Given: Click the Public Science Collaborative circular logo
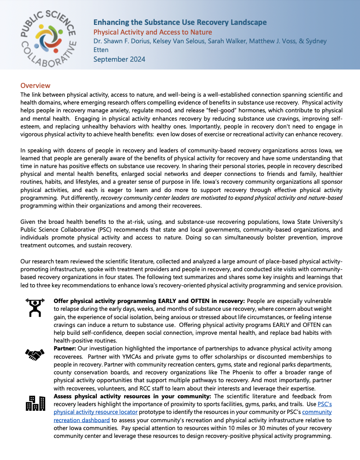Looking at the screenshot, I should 45,35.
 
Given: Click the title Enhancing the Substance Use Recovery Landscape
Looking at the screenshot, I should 180,22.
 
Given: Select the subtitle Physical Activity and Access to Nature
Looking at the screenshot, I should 152,32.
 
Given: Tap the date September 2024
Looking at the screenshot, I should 119,59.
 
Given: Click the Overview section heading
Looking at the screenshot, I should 35,86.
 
